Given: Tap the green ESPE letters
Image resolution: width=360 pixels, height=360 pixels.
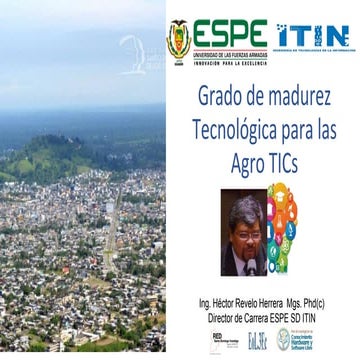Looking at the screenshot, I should (230, 32).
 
